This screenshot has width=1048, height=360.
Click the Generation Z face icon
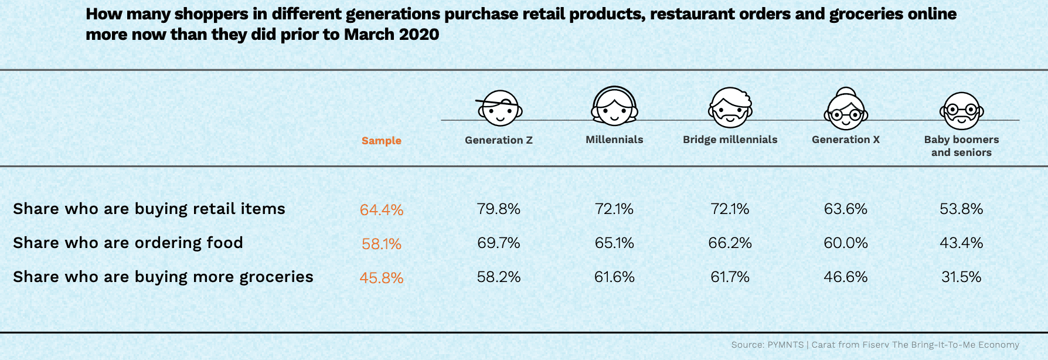point(499,108)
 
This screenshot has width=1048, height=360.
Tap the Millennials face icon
point(614,106)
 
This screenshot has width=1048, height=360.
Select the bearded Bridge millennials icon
point(730,108)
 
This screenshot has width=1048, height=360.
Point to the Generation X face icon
point(845,109)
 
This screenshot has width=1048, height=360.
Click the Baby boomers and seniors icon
point(961,111)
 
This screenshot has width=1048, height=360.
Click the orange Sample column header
point(381,141)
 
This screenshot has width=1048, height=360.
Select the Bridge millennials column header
point(730,140)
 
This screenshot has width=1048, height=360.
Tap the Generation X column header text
point(845,140)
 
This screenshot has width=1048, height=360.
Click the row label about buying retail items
point(149,209)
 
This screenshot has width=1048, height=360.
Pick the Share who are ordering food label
point(128,243)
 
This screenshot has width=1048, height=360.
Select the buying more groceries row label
point(163,277)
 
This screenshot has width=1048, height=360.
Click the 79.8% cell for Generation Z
point(498,209)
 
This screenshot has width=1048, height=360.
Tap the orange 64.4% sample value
point(382,210)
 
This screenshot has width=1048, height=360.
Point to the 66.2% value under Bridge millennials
point(730,243)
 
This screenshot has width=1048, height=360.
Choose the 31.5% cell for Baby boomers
point(961,277)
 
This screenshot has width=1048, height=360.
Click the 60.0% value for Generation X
point(845,243)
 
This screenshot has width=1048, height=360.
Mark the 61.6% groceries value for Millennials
point(614,277)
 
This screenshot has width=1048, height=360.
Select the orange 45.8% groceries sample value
point(382,278)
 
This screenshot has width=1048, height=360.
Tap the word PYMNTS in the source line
point(785,345)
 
